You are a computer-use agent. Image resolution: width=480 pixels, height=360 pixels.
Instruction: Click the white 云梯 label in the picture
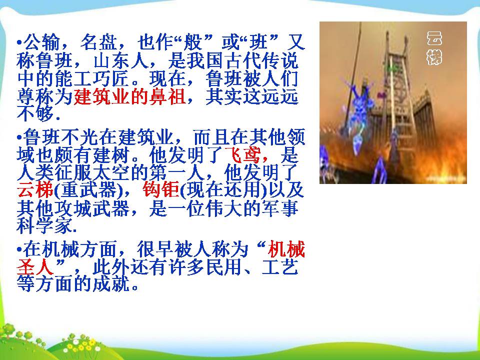(434, 47)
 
